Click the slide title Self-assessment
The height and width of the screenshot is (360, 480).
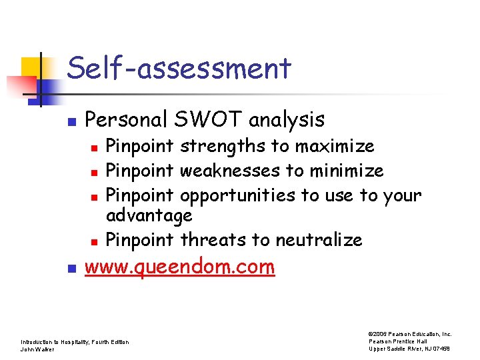179,69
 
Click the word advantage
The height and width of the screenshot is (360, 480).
149,215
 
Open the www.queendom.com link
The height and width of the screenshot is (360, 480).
180,267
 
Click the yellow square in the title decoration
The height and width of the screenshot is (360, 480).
32,68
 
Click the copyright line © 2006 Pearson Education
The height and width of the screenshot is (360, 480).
409,334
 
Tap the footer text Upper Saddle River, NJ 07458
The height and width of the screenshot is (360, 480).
409,349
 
